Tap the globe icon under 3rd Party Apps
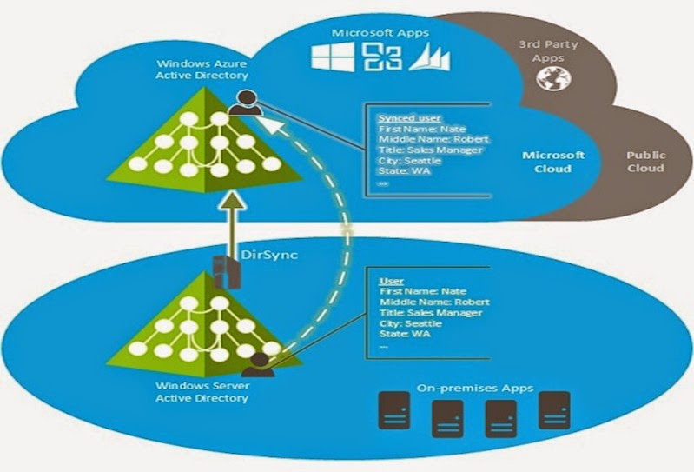[x=549, y=81]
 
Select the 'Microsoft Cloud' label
[x=553, y=162]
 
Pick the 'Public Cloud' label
[x=645, y=162]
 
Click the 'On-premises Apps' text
[x=473, y=388]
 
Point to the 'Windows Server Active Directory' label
[x=202, y=392]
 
